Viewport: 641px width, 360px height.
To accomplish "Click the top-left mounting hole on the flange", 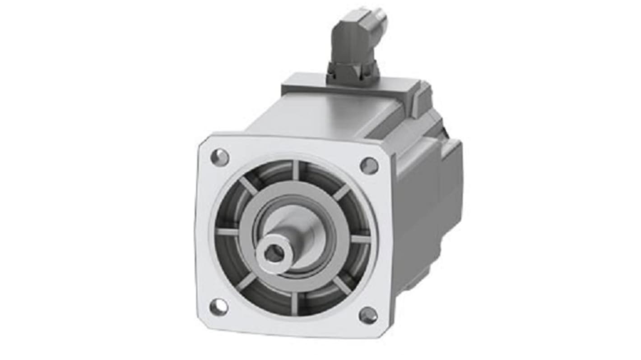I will (220, 157).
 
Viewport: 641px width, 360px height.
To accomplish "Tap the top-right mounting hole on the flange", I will (369, 166).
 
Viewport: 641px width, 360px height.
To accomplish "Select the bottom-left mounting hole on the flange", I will (218, 307).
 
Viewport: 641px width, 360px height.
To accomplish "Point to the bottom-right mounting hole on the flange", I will (368, 315).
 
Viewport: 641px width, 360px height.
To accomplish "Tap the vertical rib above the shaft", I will (296, 170).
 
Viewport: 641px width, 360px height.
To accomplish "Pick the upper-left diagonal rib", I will (248, 185).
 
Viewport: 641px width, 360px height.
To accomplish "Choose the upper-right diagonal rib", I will (341, 192).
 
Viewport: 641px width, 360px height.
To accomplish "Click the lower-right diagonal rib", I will (342, 285).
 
